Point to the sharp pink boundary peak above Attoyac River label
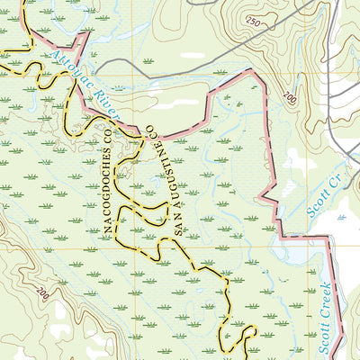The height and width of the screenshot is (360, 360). click(87, 34)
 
